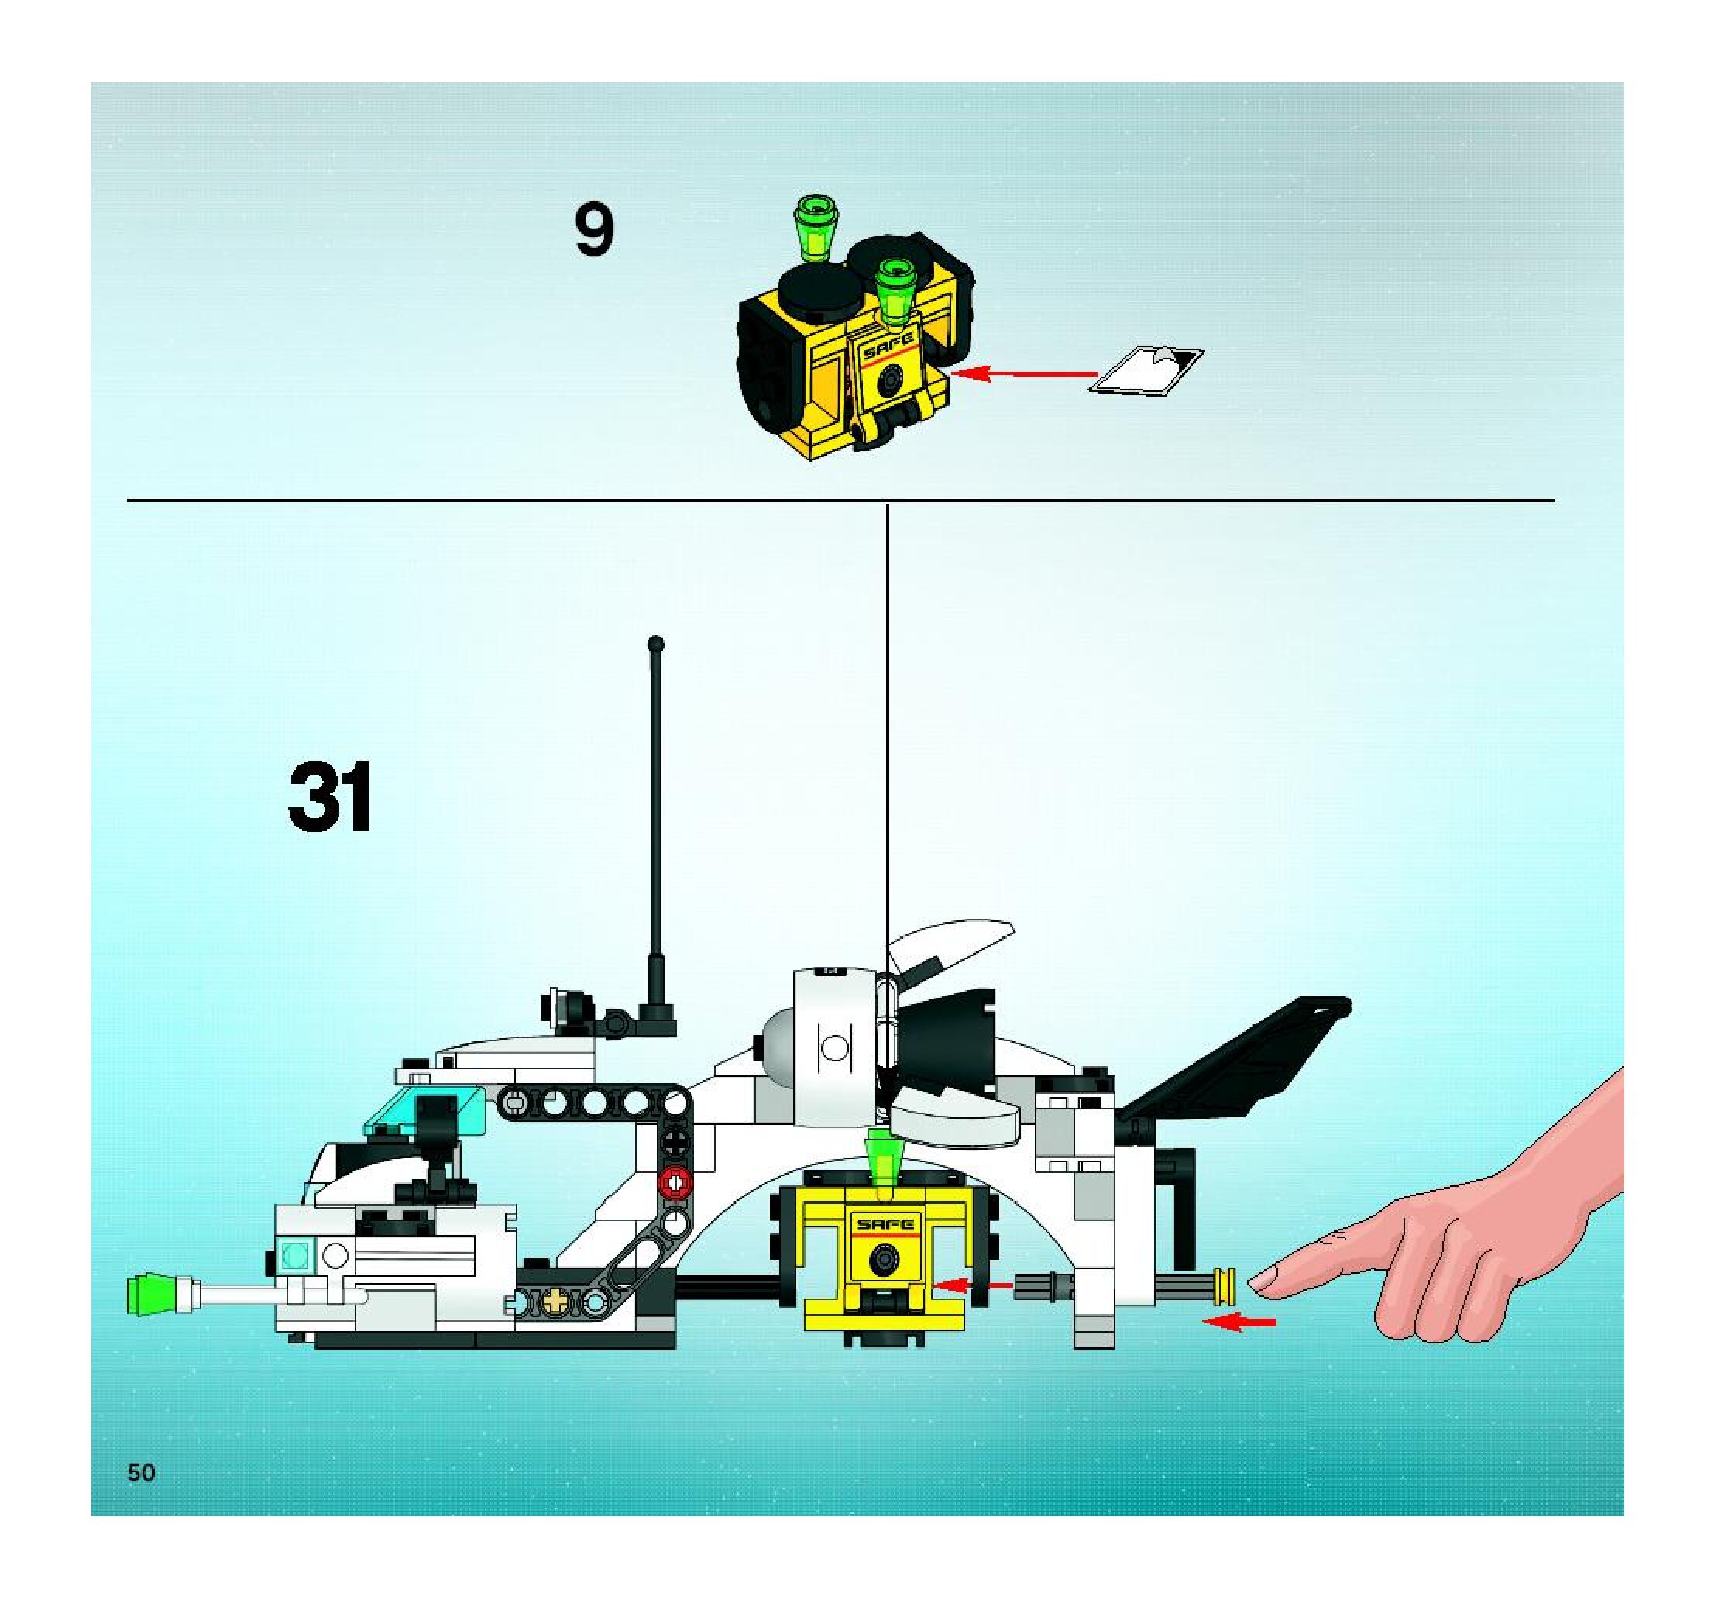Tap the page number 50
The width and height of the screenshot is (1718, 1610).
[x=141, y=1473]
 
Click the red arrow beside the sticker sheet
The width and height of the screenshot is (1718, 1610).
[x=1024, y=373]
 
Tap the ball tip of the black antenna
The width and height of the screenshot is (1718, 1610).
[x=656, y=644]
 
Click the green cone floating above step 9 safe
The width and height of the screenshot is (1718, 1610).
[x=813, y=227]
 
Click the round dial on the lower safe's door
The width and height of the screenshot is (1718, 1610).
[x=883, y=1258]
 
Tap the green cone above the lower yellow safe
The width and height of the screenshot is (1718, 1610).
[x=883, y=1162]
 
